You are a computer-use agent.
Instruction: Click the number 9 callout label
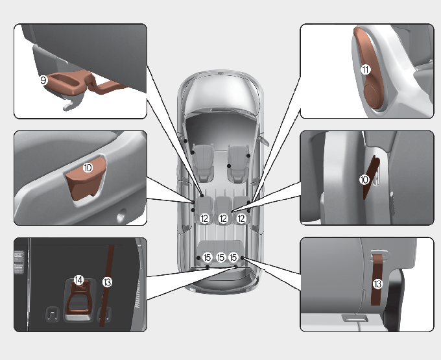point(43,80)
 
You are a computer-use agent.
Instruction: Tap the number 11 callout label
point(366,69)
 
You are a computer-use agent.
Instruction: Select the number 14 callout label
point(78,280)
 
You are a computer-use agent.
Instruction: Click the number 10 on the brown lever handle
point(88,167)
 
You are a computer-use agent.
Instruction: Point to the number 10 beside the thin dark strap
point(364,180)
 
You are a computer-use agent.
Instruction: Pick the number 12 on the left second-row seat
point(204,218)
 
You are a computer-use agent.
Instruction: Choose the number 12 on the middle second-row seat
point(223,218)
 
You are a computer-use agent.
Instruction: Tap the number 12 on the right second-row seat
point(241,218)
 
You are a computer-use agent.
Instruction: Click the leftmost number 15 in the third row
point(208,258)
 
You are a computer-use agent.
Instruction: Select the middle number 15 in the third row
point(220,258)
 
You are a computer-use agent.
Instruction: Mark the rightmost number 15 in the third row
point(233,258)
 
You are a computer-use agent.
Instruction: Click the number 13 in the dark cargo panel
point(107,282)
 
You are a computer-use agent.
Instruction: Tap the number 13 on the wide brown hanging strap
point(377,283)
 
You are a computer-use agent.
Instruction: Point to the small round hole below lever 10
point(121,217)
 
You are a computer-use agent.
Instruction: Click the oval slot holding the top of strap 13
point(380,255)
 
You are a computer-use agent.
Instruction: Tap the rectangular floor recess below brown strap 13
point(355,318)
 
